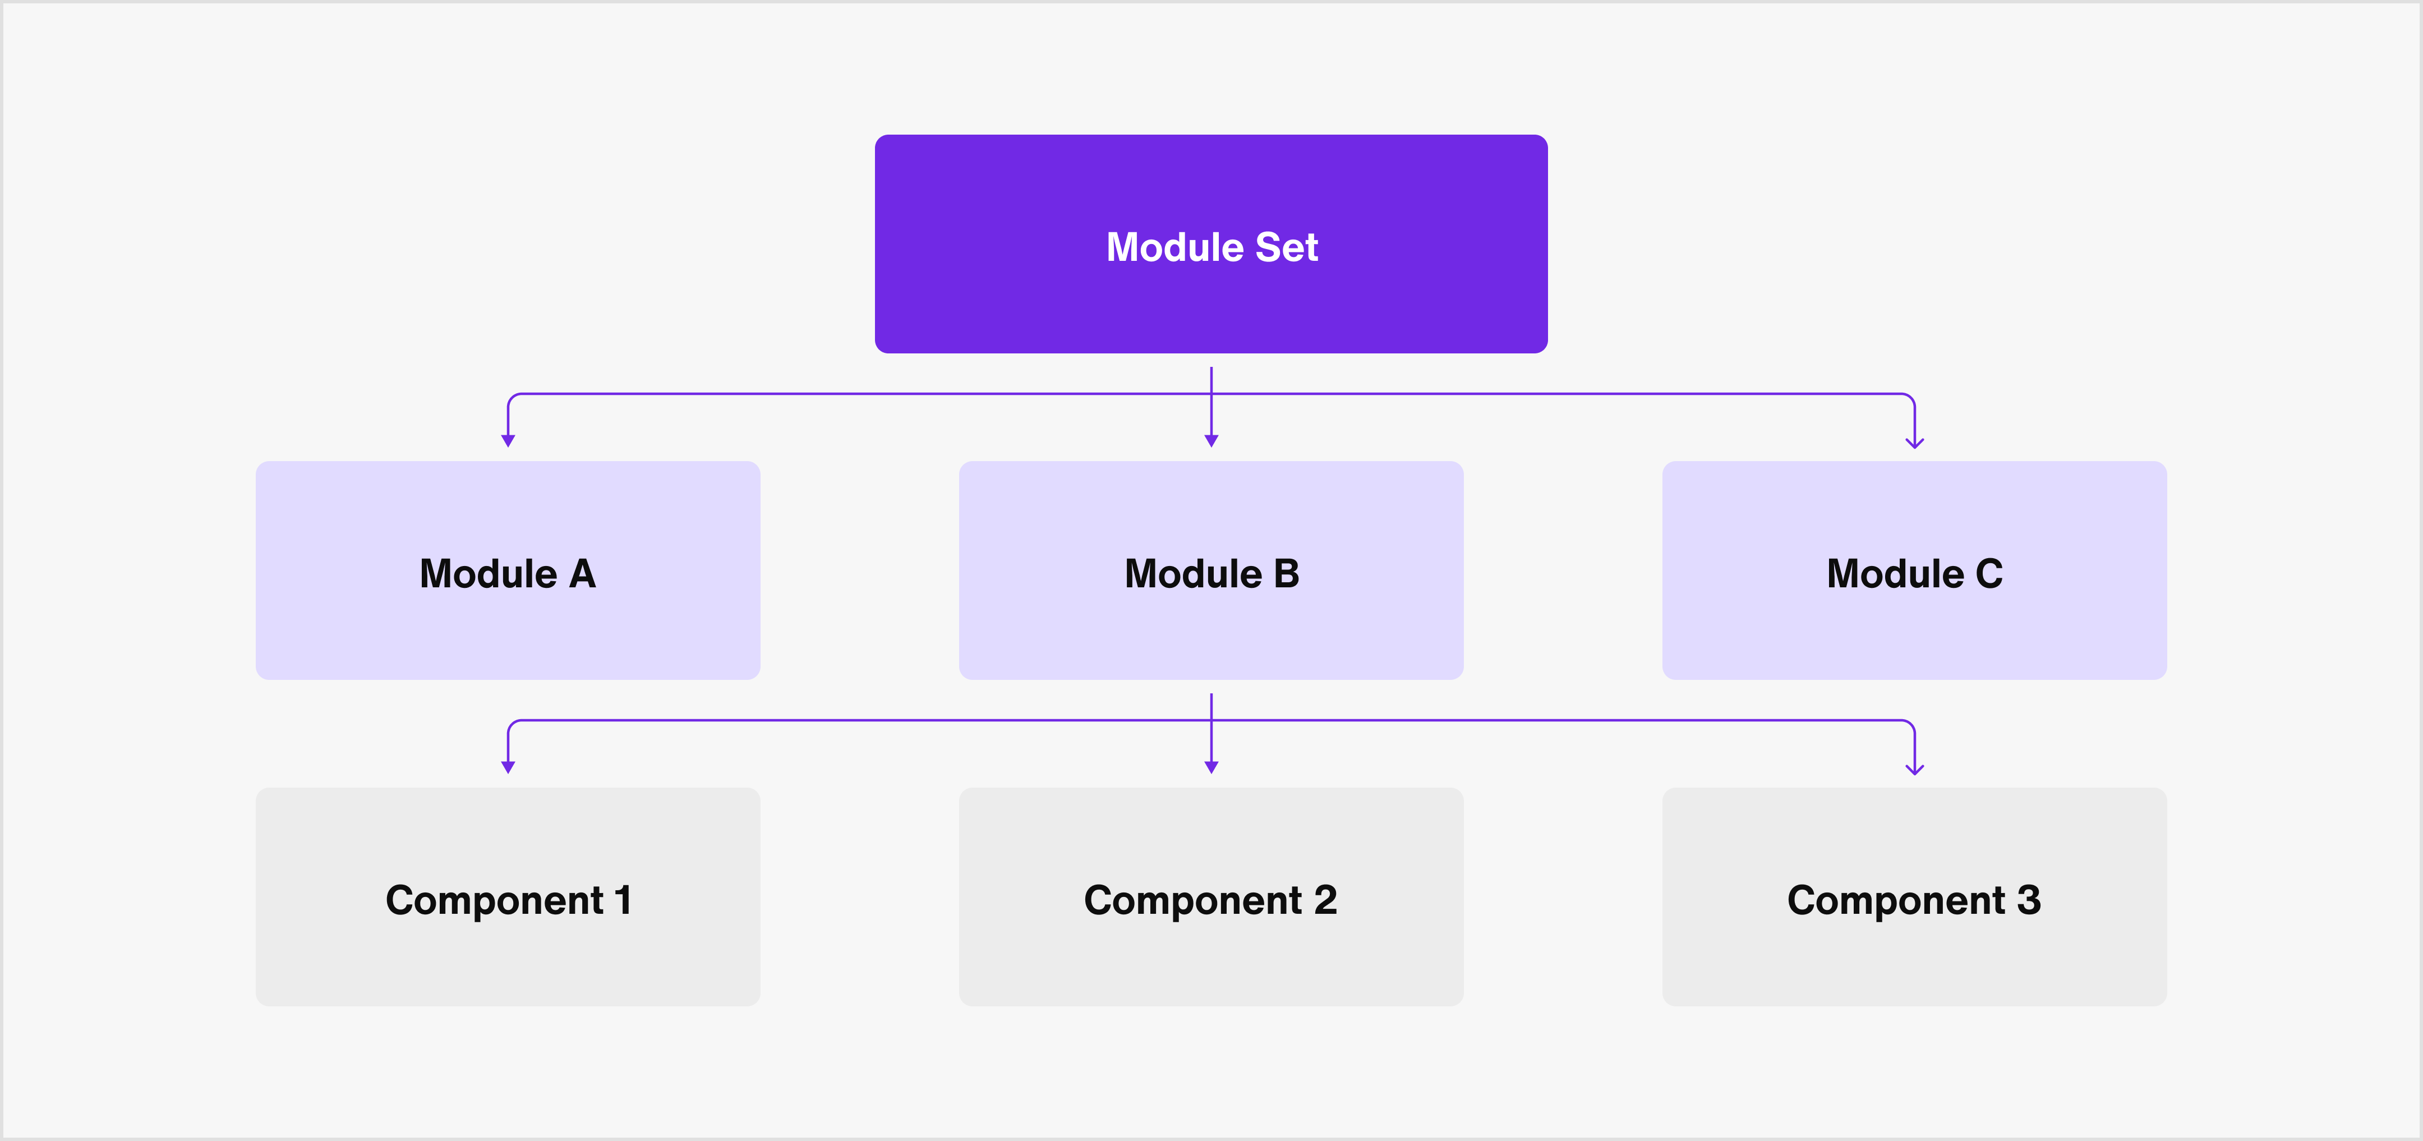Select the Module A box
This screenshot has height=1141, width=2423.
coord(508,570)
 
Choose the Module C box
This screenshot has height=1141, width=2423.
coord(1914,570)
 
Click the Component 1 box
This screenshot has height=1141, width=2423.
coord(508,896)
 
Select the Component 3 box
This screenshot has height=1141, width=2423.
coord(1914,896)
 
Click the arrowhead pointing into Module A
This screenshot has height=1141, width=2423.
coord(508,441)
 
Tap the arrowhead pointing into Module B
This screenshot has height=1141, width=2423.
coord(1211,441)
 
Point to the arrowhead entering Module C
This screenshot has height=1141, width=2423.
coord(1914,443)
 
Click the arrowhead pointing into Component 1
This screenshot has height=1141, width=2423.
coord(508,767)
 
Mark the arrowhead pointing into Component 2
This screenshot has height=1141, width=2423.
coord(1211,767)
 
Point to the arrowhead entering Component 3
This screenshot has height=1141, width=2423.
coord(1914,770)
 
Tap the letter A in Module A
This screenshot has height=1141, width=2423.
coord(582,574)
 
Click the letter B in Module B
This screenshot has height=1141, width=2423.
coord(1286,574)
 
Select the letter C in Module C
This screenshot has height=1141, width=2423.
coord(1988,574)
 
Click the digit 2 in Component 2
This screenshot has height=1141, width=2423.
coord(1325,900)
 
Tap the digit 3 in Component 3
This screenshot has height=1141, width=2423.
coord(2029,900)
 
